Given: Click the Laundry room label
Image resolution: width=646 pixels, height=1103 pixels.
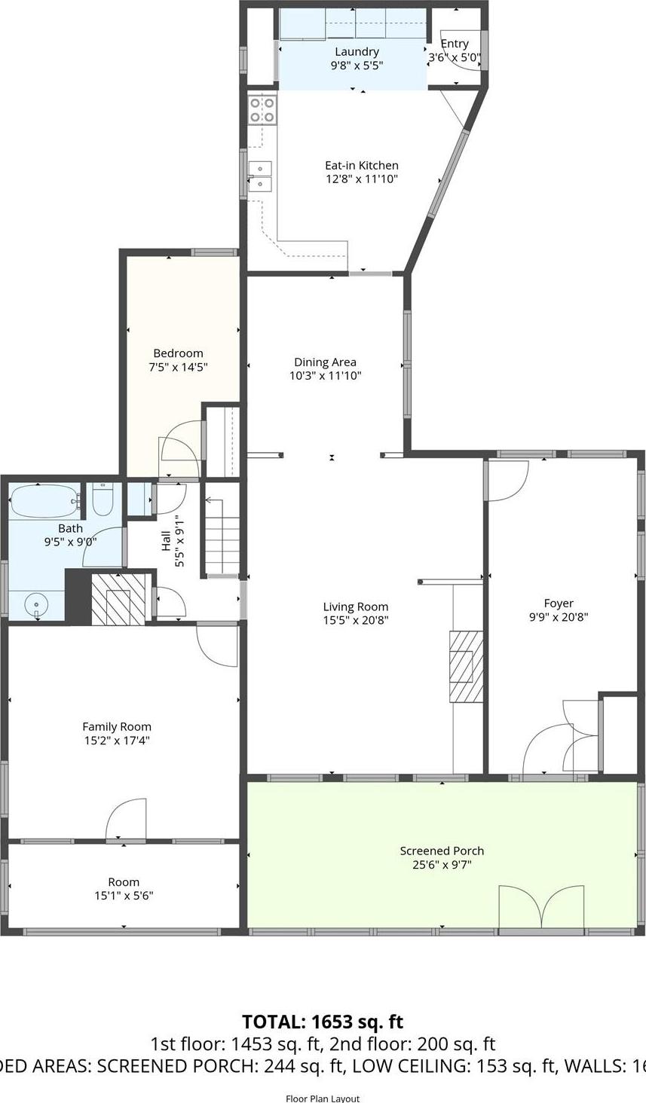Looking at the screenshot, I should point(357,52).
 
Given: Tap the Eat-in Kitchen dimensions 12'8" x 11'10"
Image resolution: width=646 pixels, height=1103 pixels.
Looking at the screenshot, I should point(361,179).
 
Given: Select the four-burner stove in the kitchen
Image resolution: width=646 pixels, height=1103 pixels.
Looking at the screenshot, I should point(262,110).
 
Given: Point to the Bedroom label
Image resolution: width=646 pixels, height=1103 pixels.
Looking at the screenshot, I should point(178,353).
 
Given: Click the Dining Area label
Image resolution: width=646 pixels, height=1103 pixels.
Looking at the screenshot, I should point(325,362).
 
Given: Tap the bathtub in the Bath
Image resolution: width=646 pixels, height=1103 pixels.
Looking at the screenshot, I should point(44,500).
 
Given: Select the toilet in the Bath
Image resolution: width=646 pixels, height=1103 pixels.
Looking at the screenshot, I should point(103,499).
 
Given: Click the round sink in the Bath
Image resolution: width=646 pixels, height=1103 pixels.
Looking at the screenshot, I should point(36,605).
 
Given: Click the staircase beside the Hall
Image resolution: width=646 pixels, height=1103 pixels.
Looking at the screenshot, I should point(222,536).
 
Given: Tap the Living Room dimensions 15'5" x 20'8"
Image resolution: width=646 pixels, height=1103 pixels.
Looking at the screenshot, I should point(356,621).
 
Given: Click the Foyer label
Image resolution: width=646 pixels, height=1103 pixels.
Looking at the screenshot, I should point(559,603).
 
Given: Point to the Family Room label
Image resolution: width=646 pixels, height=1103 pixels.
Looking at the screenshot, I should point(117,727).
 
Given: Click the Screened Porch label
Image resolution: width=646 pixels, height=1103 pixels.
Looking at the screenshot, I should point(442,851).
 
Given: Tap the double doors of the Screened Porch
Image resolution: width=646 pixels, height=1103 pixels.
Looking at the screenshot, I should point(541,909).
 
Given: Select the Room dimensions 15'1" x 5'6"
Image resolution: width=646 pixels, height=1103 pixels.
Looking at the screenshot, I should point(124,896).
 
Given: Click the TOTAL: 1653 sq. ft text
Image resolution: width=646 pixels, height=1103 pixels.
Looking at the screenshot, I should point(323,1022).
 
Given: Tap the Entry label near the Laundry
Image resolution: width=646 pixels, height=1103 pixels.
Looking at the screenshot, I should point(455,44).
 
